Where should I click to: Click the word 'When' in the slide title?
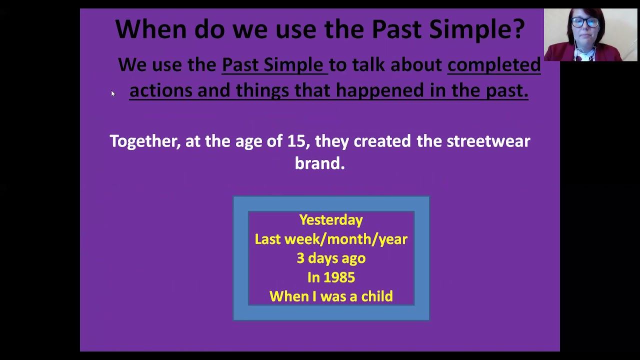pos(151,29)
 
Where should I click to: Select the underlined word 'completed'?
pos(494,65)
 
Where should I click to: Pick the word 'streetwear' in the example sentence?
pos(488,141)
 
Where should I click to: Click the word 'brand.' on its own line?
pos(319,163)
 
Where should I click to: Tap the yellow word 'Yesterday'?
pos(331,220)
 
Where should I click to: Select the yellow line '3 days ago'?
pos(331,258)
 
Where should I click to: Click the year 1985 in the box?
pos(339,277)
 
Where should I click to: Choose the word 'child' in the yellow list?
pos(377,296)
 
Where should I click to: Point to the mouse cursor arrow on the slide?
pos(113,93)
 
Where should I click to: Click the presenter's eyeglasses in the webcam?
pos(585,22)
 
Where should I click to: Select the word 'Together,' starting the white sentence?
pos(145,141)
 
